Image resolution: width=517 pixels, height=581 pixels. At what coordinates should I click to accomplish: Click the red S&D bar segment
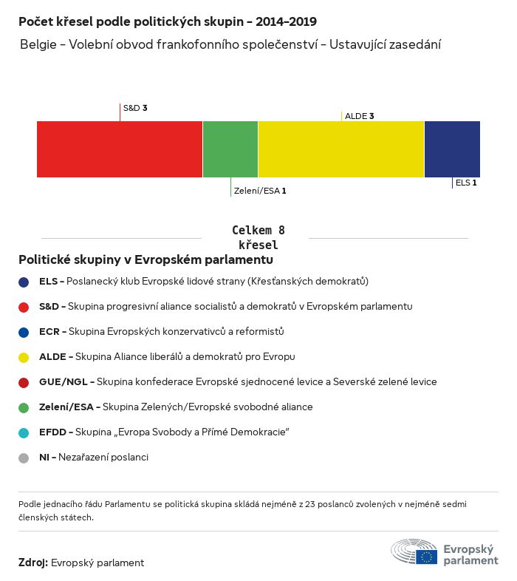(x=120, y=149)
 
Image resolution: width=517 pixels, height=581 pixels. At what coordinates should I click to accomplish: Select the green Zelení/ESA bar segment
(x=230, y=149)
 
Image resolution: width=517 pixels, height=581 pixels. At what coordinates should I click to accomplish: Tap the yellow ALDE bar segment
(x=341, y=149)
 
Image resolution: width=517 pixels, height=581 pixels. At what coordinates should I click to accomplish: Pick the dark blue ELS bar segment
(x=452, y=149)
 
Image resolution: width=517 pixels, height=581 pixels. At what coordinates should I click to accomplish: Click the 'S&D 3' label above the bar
(x=135, y=108)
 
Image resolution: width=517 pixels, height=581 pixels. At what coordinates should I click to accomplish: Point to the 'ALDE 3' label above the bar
(x=359, y=116)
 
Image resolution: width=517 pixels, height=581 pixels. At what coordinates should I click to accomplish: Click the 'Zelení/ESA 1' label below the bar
(x=260, y=191)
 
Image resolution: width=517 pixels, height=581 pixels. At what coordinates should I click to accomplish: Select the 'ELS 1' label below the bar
(x=466, y=183)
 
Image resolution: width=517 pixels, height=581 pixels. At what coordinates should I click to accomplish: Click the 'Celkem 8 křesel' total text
(x=258, y=237)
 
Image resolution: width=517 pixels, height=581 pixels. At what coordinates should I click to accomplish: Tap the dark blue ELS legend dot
(x=24, y=282)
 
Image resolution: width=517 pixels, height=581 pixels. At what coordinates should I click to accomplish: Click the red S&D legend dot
(x=24, y=308)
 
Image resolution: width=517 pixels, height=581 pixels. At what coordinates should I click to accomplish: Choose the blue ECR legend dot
(x=24, y=333)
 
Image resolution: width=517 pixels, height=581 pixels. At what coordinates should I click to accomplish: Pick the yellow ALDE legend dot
(x=24, y=358)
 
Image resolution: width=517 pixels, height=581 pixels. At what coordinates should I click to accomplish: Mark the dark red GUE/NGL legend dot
(x=24, y=383)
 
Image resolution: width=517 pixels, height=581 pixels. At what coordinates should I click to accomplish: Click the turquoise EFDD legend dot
(x=24, y=432)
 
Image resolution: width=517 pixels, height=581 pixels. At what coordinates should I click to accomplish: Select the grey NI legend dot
(x=24, y=458)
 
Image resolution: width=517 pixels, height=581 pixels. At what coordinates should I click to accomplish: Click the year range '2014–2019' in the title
(x=286, y=21)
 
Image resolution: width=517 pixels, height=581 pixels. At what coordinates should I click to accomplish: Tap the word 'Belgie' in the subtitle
(x=38, y=44)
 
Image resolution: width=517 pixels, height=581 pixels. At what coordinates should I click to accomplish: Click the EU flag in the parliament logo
(x=426, y=557)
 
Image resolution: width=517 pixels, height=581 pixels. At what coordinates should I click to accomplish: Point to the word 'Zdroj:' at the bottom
(x=33, y=563)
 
